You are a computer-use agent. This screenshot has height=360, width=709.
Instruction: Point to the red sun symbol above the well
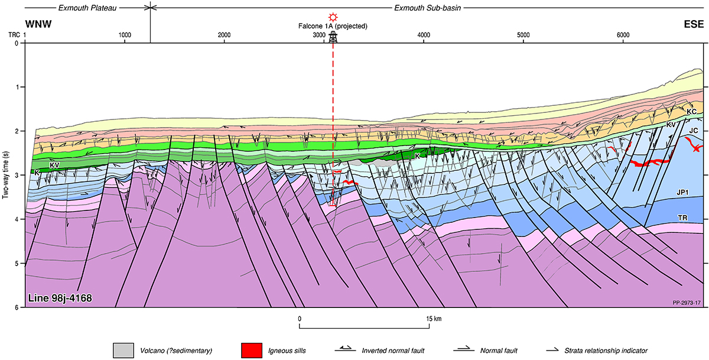334,17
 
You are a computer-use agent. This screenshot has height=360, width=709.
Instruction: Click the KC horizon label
692,111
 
